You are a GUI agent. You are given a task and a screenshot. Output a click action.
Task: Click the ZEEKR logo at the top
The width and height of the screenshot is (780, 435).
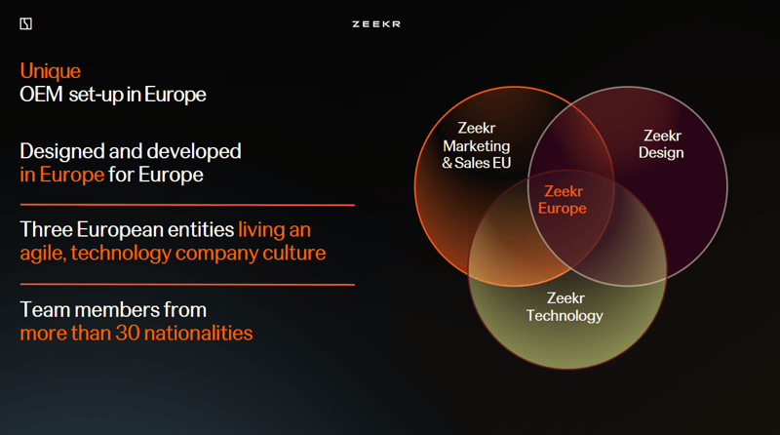point(376,23)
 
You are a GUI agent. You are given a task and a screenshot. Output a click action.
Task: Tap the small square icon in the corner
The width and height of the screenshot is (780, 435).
point(26,23)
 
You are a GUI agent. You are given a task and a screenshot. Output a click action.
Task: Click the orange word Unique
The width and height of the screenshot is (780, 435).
point(51,71)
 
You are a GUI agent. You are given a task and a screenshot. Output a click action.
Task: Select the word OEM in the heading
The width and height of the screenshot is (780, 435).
point(41,94)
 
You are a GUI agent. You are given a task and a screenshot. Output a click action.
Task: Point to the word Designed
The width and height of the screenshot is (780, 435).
point(61,152)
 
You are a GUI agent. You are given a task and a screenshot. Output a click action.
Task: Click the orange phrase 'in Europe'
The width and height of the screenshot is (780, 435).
point(62,175)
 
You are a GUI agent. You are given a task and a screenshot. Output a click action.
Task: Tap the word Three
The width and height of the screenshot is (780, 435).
point(46,229)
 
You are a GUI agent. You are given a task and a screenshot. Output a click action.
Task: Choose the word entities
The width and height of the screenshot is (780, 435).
point(201,229)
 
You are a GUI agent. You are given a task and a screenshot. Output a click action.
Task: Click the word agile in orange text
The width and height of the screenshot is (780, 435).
point(42,254)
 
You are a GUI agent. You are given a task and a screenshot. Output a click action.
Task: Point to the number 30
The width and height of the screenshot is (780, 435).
point(128,333)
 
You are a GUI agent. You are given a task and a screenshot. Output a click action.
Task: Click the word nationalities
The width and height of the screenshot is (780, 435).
point(199,333)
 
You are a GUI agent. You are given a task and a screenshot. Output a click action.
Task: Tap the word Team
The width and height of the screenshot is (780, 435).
point(45,309)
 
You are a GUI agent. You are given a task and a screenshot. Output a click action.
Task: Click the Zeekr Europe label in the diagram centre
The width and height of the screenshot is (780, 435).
point(563,200)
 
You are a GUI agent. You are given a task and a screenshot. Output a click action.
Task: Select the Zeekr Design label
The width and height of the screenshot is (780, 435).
point(661,143)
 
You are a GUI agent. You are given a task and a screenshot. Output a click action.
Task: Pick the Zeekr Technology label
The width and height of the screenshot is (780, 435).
point(565,306)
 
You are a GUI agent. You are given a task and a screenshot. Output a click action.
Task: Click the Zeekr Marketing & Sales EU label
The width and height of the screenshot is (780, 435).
point(477,145)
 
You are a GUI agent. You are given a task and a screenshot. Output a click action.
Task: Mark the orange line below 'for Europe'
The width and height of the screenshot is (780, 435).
point(187,205)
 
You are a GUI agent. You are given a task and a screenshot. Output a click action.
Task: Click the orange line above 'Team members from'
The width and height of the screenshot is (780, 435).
point(187,284)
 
